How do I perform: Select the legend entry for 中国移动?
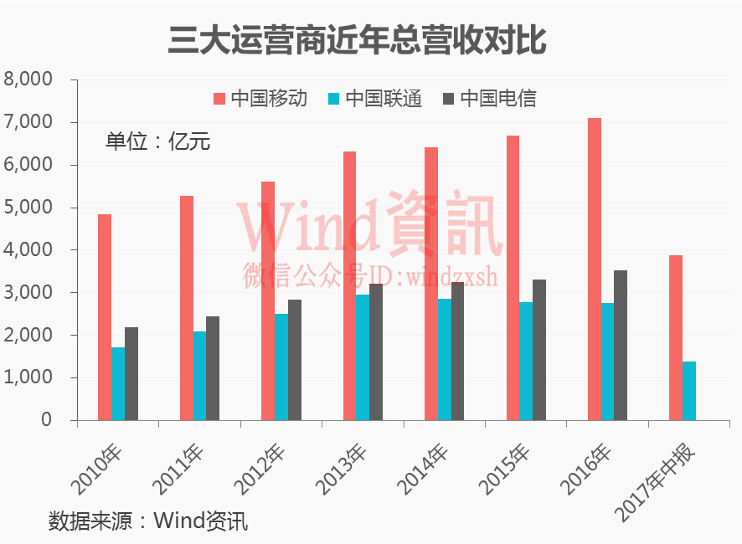click(x=260, y=99)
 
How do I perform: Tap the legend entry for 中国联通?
click(x=375, y=99)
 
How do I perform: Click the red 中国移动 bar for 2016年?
click(x=594, y=269)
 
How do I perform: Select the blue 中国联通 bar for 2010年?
click(x=118, y=383)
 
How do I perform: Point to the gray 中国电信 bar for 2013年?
click(x=376, y=352)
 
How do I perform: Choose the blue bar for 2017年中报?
click(x=689, y=390)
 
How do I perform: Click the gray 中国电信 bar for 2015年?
click(x=539, y=350)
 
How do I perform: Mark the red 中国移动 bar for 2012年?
click(x=267, y=300)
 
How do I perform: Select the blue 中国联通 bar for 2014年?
click(x=444, y=359)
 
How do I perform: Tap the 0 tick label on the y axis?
click(x=47, y=420)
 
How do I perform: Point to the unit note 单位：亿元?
click(x=157, y=141)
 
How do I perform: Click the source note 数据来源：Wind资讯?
click(x=148, y=521)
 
